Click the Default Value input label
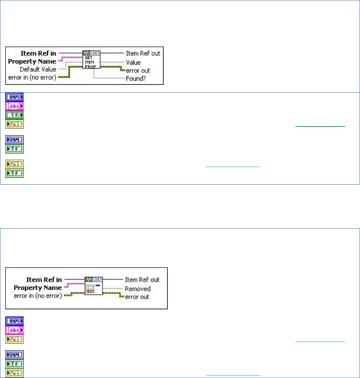click(x=38, y=69)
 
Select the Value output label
click(x=133, y=62)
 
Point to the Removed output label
click(x=137, y=289)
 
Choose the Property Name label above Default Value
click(x=33, y=61)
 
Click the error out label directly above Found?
click(x=138, y=70)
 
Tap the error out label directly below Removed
click(x=137, y=297)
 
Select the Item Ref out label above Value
click(x=143, y=53)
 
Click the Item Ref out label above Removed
click(x=142, y=280)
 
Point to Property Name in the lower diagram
click(x=38, y=288)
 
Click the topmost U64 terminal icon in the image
click(x=14, y=97)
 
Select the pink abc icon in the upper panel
click(x=14, y=105)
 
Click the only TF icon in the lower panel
click(x=14, y=364)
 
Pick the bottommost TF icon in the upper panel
click(x=14, y=173)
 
